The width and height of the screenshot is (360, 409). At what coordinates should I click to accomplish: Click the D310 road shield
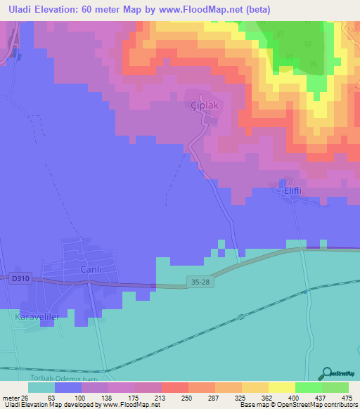click(x=19, y=279)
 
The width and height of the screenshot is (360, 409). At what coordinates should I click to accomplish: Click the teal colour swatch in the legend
click(x=41, y=388)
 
